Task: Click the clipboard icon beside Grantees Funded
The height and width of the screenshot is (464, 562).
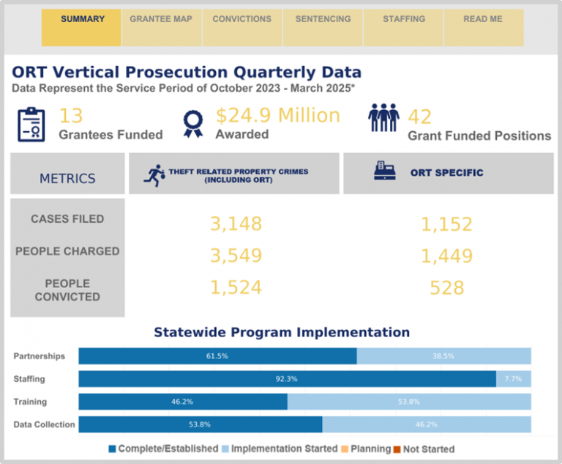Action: (31, 124)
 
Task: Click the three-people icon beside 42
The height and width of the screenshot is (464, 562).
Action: (383, 117)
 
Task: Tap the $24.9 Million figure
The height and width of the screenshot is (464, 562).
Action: (277, 116)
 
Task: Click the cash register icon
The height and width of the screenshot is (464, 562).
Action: (385, 172)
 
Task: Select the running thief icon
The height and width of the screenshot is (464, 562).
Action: (154, 175)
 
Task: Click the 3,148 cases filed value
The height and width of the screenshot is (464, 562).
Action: (236, 224)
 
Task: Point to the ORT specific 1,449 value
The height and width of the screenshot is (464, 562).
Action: (446, 256)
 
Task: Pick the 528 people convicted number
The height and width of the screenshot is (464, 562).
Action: (446, 288)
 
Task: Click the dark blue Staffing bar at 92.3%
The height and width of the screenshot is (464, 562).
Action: (287, 379)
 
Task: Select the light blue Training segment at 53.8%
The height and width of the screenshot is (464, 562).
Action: (409, 402)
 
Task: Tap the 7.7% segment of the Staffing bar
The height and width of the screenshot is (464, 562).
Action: (514, 379)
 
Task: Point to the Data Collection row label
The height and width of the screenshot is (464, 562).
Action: (44, 424)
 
